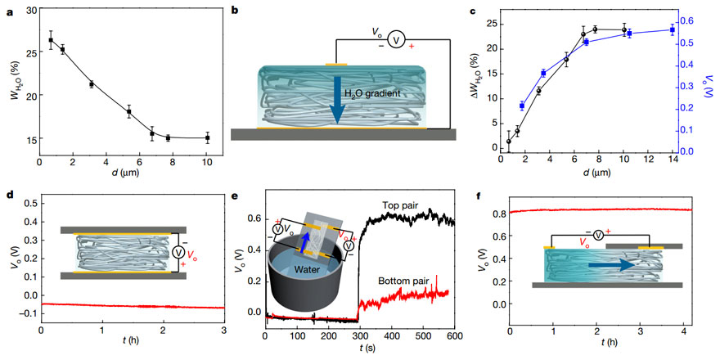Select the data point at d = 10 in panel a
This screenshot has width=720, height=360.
click(x=207, y=138)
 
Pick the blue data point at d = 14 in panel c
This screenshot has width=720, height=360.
click(x=672, y=29)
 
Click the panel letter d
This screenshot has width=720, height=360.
click(x=7, y=196)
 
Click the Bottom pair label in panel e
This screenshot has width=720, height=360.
click(x=404, y=280)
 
